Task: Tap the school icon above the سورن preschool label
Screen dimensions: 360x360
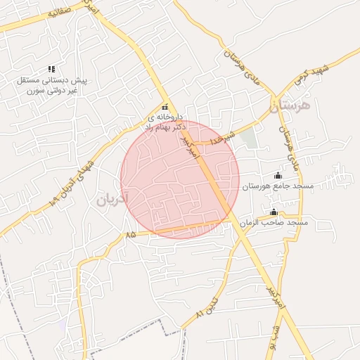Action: coord(51,69)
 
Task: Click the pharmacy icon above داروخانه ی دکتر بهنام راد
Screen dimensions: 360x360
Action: coord(165,107)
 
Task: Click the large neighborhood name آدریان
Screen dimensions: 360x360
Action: coord(112,199)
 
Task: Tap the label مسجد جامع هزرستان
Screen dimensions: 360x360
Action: coord(278,186)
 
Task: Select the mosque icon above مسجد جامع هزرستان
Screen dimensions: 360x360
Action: coord(278,175)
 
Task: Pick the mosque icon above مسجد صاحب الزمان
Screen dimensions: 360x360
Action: coord(274,212)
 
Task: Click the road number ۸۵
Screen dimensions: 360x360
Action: coord(131,235)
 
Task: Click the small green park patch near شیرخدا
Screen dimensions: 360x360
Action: coord(249,138)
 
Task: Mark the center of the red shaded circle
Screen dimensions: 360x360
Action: coord(180,179)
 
